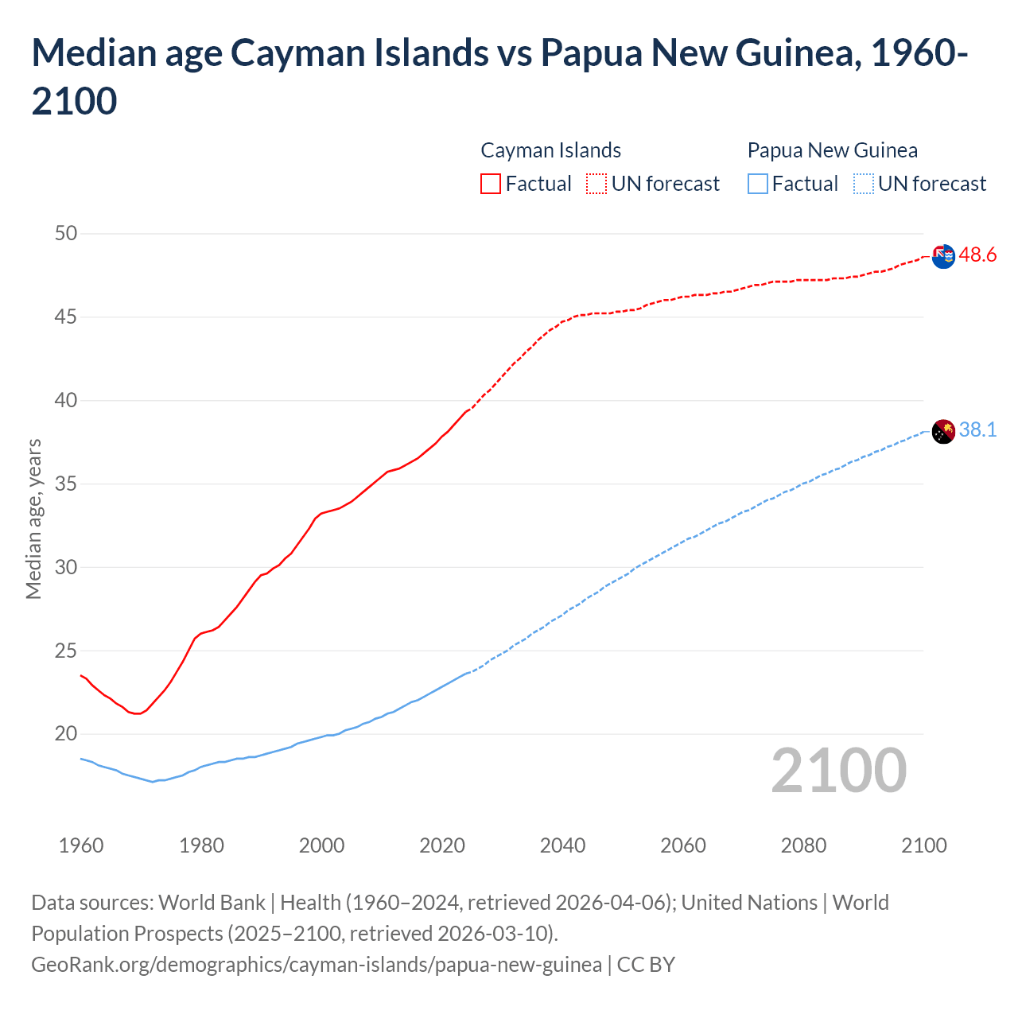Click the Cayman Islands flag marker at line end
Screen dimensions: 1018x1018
tap(942, 257)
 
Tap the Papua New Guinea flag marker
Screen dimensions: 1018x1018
tap(942, 432)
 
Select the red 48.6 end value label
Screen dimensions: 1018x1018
tap(977, 255)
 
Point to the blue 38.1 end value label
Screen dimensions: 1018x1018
tap(977, 430)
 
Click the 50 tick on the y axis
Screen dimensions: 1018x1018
tap(66, 234)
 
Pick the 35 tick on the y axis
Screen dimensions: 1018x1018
tap(66, 484)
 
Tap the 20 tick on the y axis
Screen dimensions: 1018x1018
tap(66, 734)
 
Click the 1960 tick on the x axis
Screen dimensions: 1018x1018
tap(81, 845)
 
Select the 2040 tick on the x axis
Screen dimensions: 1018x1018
tap(562, 845)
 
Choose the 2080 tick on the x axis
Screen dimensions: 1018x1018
tap(803, 845)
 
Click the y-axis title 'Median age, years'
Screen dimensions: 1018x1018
tap(33, 519)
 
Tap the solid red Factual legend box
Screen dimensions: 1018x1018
tap(491, 184)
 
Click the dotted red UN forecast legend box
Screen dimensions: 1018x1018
tap(596, 184)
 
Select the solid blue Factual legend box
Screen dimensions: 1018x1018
tap(758, 184)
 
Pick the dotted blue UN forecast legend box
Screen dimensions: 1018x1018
tap(863, 184)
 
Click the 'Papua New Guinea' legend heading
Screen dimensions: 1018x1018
tap(832, 150)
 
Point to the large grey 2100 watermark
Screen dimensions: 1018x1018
tap(838, 771)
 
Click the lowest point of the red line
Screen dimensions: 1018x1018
tap(137, 713)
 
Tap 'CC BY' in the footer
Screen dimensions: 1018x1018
tap(646, 965)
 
